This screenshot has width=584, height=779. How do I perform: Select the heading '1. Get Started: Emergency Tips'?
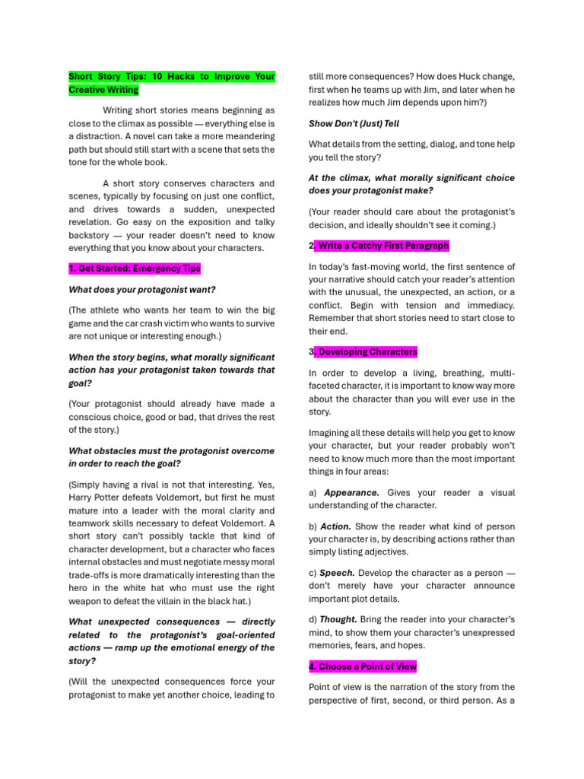pos(135,269)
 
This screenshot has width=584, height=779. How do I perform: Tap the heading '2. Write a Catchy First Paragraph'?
pos(379,246)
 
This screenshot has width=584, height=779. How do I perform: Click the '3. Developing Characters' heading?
pos(363,352)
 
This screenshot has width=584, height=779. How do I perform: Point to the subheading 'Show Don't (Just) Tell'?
pos(354,123)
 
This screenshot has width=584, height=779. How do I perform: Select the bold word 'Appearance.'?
pos(351,492)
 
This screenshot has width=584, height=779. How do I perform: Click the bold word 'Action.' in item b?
pos(335,526)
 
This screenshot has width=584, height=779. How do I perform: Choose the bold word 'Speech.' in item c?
pos(337,572)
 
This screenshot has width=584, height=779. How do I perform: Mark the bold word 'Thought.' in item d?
pos(338,619)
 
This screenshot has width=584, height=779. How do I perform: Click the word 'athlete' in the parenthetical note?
pos(107,310)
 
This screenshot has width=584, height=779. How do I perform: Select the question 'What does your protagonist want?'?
pos(142,290)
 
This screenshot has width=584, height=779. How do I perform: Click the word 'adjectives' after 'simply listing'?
pos(386,552)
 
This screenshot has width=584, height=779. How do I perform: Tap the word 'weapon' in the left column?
pos(85,600)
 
